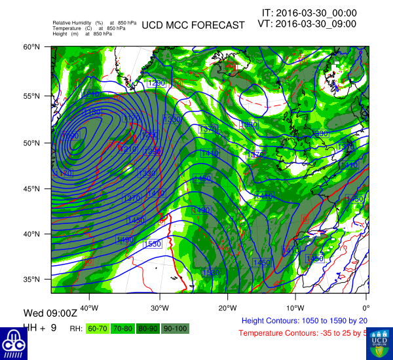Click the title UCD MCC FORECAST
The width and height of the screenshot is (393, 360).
[193, 25]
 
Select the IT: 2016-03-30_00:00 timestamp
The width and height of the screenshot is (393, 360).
[309, 12]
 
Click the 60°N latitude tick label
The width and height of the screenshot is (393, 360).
[33, 47]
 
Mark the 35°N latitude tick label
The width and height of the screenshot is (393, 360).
[33, 279]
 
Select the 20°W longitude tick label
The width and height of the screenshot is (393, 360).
[227, 308]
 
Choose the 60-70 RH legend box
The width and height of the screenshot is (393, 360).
[98, 327]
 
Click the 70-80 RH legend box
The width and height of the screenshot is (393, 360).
[122, 327]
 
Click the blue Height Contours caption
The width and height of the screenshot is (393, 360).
[305, 321]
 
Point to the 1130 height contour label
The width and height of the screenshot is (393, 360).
[93, 113]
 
